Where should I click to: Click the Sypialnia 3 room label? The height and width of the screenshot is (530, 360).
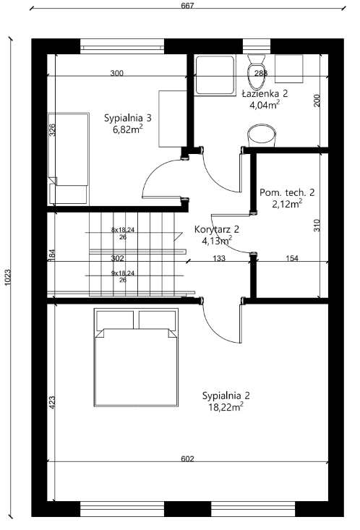click(x=127, y=118)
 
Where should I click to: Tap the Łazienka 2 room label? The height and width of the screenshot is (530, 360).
click(x=265, y=93)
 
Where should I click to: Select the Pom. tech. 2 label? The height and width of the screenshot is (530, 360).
click(x=287, y=192)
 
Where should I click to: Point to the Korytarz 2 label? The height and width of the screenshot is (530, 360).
click(x=217, y=229)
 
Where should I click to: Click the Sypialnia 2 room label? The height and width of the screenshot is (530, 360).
click(x=226, y=396)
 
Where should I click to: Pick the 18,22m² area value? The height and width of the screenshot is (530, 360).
click(x=226, y=407)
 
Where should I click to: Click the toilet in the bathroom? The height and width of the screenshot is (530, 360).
click(x=256, y=72)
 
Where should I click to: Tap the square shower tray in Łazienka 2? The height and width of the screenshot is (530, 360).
click(x=215, y=76)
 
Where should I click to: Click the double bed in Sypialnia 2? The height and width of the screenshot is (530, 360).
click(x=136, y=357)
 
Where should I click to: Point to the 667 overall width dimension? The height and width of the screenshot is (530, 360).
click(x=187, y=5)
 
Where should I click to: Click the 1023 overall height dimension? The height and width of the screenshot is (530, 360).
click(x=7, y=277)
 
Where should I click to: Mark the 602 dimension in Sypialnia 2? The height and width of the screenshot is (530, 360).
click(x=188, y=458)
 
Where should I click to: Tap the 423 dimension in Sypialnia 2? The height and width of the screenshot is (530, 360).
click(x=52, y=403)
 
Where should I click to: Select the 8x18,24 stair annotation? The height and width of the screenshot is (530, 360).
click(x=123, y=230)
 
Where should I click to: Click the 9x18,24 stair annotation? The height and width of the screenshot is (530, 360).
click(x=123, y=273)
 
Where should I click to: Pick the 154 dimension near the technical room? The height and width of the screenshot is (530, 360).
click(x=292, y=258)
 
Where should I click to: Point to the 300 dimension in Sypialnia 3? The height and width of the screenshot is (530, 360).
click(x=117, y=73)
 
